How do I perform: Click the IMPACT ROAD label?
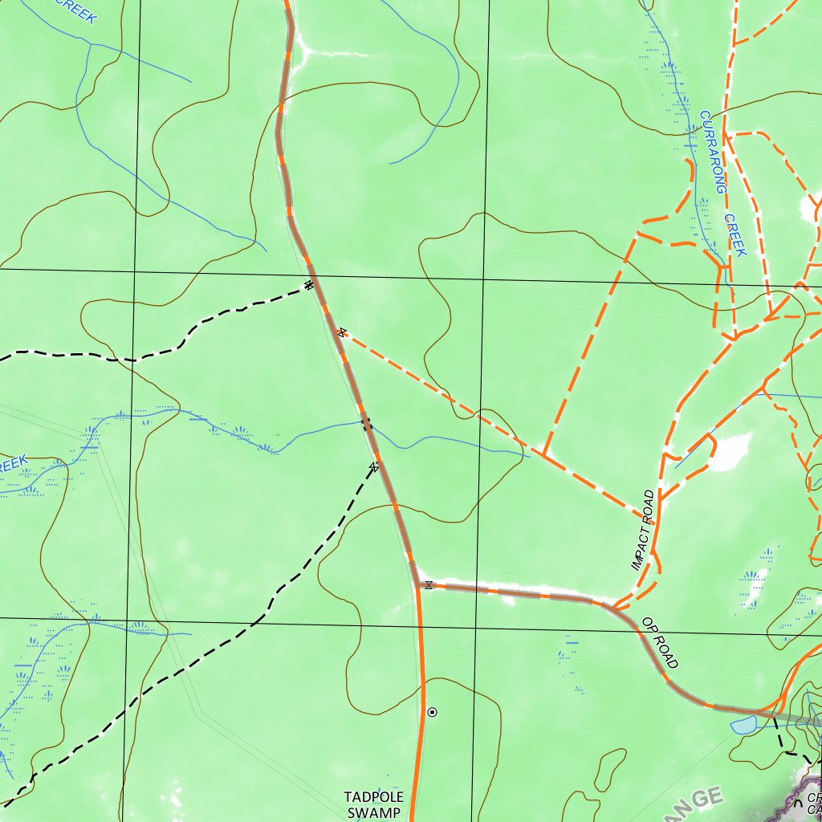point(643,531)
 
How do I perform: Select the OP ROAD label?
point(661,642)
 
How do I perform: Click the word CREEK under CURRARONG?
point(735,234)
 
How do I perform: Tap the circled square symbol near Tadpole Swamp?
point(433,712)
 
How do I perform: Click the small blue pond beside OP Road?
point(743,725)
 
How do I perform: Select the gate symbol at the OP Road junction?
point(429,585)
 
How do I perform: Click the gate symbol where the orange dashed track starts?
point(343,332)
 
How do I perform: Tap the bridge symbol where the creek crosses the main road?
point(366,422)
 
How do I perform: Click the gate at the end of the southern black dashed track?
point(374,466)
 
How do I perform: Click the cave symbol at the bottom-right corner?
point(798,804)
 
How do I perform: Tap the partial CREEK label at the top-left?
point(76,10)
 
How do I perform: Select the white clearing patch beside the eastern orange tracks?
point(730,451)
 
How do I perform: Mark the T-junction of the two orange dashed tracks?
point(544,455)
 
